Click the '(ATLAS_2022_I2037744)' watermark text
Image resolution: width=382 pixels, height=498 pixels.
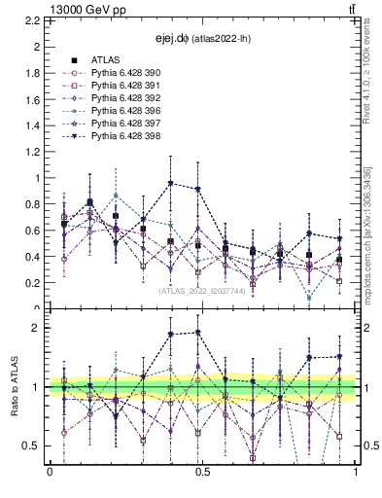202,290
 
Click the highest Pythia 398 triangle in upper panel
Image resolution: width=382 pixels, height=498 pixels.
170,183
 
